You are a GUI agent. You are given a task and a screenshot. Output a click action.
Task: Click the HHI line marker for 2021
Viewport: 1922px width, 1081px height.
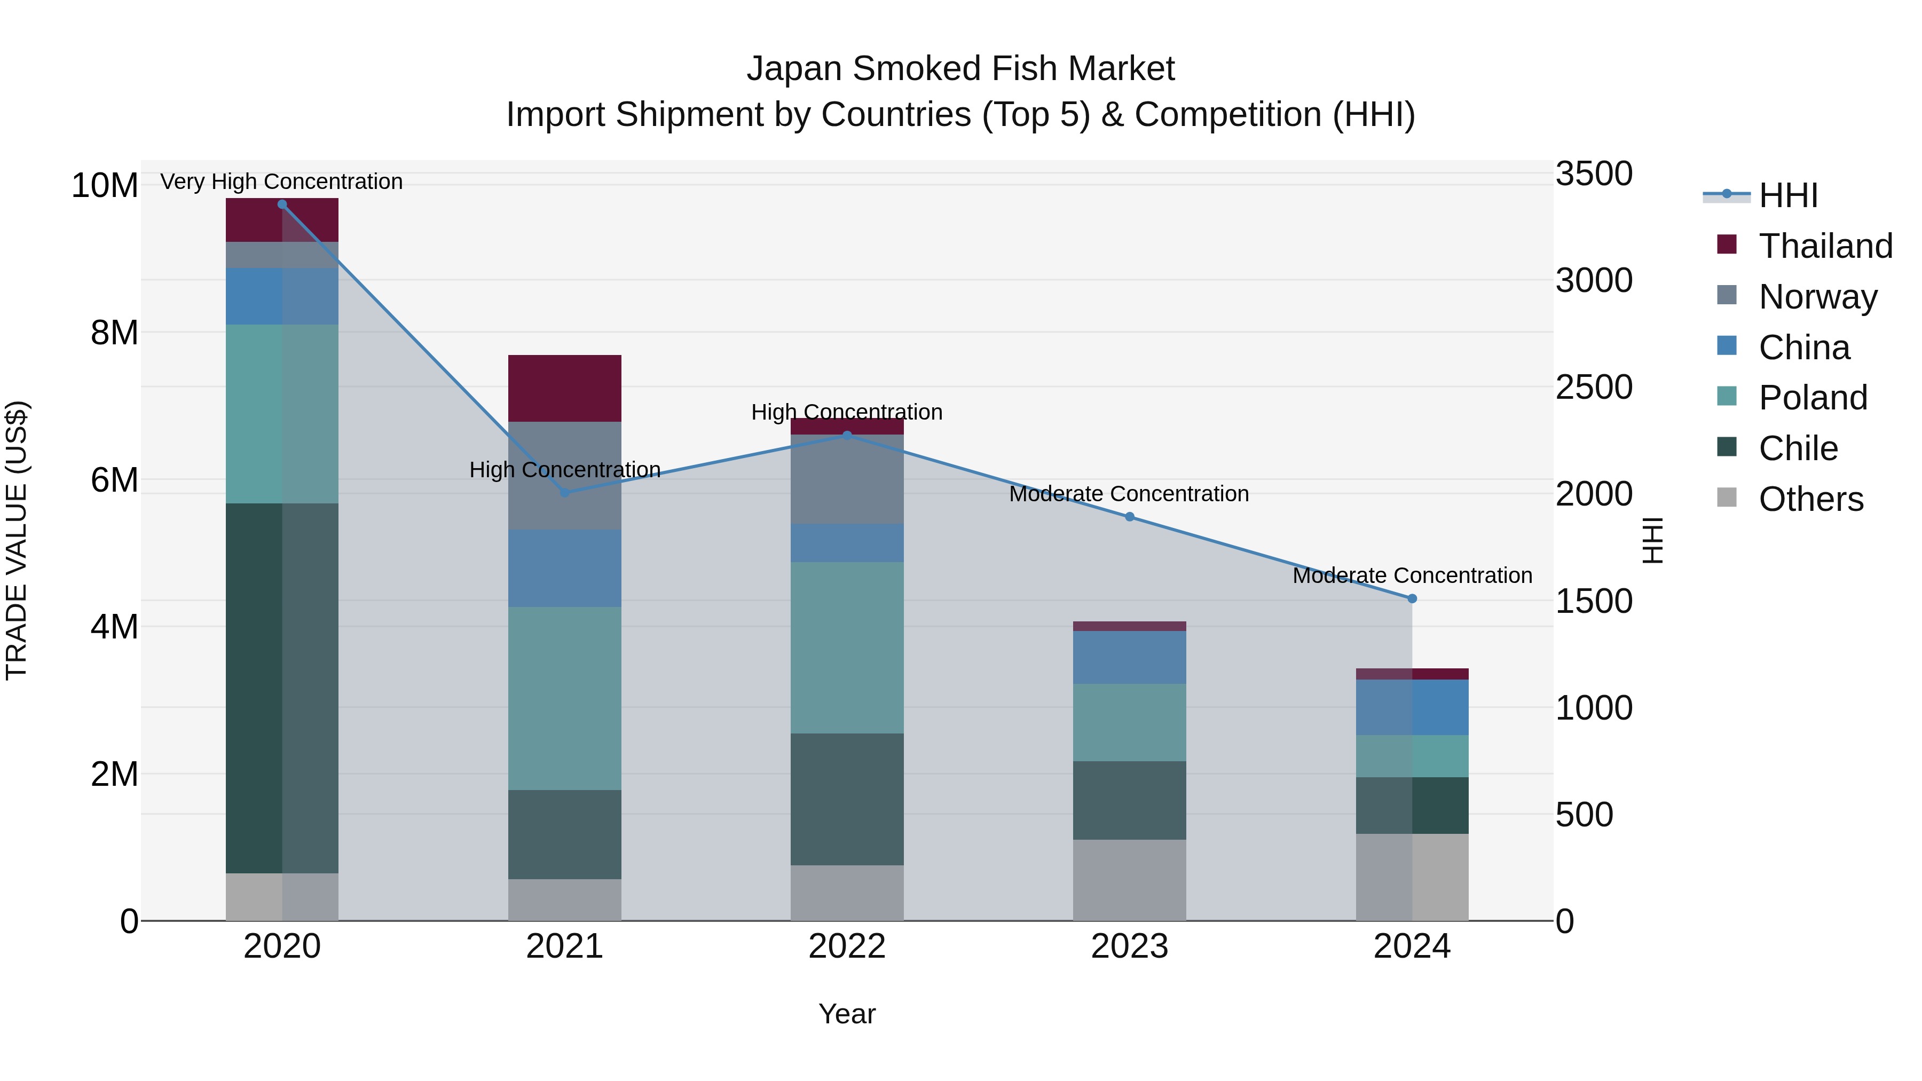(565, 492)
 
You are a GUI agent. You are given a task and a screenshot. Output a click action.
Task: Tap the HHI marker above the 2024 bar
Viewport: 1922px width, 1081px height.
(1412, 598)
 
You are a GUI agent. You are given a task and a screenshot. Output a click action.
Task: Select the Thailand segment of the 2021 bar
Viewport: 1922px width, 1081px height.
(565, 388)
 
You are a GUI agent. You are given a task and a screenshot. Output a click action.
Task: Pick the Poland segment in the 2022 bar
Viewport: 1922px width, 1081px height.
(847, 648)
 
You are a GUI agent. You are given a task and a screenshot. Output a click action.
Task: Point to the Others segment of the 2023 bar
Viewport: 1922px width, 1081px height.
(1129, 880)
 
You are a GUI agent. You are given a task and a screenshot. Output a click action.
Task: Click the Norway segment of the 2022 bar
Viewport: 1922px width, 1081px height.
(847, 479)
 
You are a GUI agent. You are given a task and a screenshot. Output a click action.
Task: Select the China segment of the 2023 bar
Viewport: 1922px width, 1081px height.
(1129, 657)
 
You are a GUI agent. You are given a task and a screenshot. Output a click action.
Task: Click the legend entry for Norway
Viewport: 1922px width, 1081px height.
(1817, 296)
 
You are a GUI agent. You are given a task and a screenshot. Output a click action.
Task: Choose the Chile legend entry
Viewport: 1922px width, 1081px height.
(1798, 448)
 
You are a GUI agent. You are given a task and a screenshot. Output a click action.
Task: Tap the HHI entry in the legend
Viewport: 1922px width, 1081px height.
(1787, 195)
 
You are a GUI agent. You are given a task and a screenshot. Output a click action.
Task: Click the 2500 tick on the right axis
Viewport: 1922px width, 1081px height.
(1594, 387)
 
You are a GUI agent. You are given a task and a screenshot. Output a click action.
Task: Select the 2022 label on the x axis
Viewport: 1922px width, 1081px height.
(847, 946)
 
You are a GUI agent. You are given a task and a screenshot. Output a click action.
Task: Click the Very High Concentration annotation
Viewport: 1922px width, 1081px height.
(281, 182)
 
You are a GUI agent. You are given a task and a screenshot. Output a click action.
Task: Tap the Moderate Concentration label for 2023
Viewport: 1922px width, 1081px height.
(1129, 494)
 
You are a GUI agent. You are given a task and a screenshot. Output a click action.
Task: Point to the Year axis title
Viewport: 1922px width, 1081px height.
(847, 1014)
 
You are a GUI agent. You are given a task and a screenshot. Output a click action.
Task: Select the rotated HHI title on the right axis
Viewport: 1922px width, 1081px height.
(1653, 540)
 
